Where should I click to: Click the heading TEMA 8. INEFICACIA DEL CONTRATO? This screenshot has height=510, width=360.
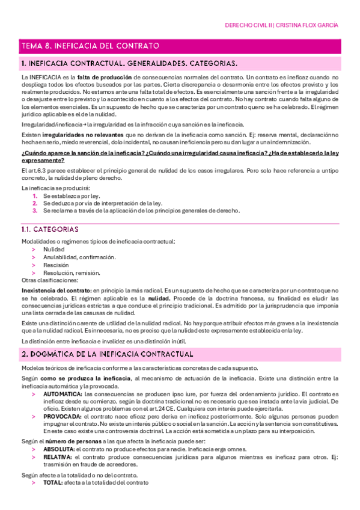pos(90,45)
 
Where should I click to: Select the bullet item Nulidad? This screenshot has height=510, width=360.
pos(53,249)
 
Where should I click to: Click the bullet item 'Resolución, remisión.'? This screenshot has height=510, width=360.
pos(72,272)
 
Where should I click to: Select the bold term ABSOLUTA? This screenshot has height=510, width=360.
pos(59,449)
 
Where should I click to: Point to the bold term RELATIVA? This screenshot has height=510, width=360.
pos(58,457)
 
